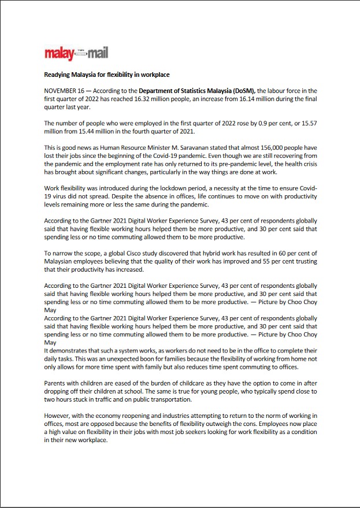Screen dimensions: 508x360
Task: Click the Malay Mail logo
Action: point(76,54)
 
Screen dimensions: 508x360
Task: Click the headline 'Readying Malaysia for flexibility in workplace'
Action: point(107,75)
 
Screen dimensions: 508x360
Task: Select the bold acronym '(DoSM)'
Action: point(243,91)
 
